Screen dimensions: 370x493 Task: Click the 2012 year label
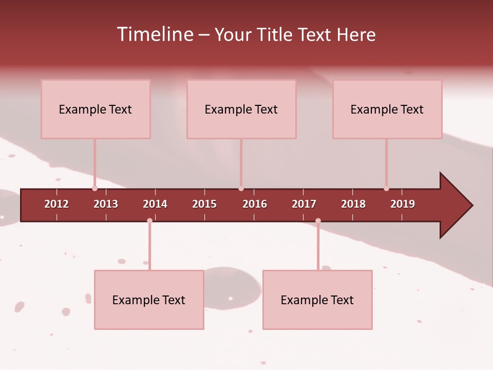coord(56,204)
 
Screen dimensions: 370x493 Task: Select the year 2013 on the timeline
coord(106,204)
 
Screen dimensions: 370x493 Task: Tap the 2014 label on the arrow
coord(155,204)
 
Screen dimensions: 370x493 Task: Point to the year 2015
coord(204,204)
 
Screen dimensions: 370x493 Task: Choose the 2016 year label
coord(255,204)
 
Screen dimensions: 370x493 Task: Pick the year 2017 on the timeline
coord(304,204)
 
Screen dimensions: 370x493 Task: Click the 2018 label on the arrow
coord(353,204)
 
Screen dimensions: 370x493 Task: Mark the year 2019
coord(403,204)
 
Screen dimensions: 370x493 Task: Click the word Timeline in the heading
coord(155,34)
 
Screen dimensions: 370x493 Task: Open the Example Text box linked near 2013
coord(96,109)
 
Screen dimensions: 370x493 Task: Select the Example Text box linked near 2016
coord(241,109)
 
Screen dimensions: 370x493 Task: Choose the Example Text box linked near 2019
coord(387,109)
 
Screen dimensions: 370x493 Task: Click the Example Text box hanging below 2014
coord(149,300)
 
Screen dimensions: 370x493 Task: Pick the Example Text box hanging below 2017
coord(317,300)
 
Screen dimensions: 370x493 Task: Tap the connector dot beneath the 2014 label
coord(149,221)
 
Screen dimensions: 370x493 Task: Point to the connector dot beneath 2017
coord(318,221)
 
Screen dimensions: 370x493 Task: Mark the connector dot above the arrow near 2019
coord(386,189)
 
